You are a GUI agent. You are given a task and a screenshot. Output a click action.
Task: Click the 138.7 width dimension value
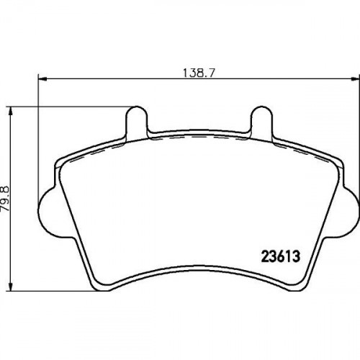coord(198,73)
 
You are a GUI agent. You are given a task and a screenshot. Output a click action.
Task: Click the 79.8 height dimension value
coord(5,198)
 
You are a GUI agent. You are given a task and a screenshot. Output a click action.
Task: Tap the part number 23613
coord(281,256)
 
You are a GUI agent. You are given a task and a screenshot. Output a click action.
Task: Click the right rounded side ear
coord(351,211)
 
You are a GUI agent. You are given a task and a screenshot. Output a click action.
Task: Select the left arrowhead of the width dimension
coord(42,78)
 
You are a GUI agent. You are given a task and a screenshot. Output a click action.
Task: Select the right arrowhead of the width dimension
coord(356,78)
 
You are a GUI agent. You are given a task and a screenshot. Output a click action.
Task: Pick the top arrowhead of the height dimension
coord(10,111)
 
